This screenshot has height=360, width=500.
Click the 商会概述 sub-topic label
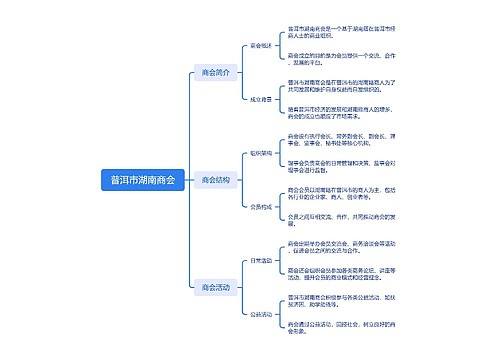(260, 46)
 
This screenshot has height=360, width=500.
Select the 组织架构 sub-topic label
(260, 154)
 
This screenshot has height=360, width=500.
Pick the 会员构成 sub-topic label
(260, 207)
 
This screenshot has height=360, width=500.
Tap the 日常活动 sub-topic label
(260, 260)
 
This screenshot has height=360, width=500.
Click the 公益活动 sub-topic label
(260, 314)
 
